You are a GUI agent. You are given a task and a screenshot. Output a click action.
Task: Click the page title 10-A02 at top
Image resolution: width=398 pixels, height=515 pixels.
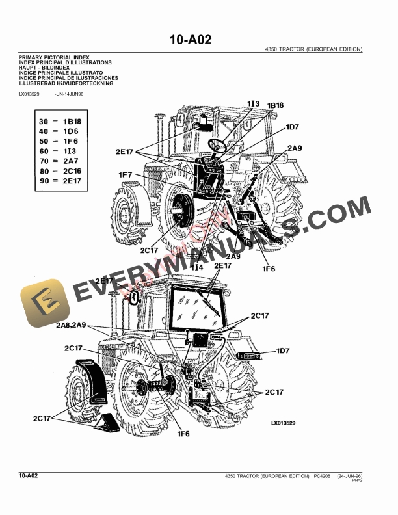191,40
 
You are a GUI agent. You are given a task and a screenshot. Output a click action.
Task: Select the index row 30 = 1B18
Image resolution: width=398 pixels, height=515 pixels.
60,122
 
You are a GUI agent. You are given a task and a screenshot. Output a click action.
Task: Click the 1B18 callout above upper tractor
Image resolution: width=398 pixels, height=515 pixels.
275,105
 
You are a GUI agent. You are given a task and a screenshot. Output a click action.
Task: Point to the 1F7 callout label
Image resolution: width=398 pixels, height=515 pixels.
126,175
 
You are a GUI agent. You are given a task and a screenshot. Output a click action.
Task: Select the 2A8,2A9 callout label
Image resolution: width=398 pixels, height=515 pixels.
79,324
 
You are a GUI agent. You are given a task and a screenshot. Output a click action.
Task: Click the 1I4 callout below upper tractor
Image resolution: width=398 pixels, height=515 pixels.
197,267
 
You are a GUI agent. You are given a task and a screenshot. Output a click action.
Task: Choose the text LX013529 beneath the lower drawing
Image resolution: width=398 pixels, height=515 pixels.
283,423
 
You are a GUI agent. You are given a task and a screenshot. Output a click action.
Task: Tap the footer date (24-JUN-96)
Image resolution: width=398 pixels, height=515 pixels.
349,477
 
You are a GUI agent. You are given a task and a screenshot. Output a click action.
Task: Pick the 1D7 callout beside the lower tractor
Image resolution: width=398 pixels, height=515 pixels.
283,351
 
